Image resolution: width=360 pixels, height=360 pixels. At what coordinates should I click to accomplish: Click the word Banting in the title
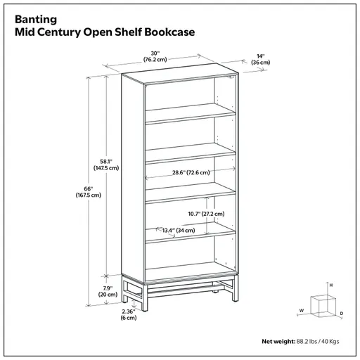coord(36,20)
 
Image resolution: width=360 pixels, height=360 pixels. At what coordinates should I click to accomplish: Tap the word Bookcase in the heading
coord(169,32)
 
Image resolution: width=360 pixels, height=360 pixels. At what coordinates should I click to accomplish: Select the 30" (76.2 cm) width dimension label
coord(155,56)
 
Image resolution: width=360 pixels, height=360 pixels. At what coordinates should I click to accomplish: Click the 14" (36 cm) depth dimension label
coord(261,59)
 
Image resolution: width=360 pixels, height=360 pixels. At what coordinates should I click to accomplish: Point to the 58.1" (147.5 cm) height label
coord(106,165)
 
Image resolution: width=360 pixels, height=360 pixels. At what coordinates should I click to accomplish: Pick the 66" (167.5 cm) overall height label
coord(89,192)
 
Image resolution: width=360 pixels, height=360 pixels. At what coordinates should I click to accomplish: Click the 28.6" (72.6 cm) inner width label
coord(191,172)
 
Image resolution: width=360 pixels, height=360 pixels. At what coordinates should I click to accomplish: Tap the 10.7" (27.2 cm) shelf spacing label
coord(206,214)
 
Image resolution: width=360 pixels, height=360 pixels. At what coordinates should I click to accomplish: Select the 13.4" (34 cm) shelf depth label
coord(179,231)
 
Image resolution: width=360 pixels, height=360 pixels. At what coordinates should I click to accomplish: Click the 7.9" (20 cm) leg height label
coord(108,291)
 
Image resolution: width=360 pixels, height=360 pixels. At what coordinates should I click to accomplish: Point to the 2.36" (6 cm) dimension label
coord(129,314)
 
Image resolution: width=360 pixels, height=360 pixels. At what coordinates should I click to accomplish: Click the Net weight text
coord(278,342)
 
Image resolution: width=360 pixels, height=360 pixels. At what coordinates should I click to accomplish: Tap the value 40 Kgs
coord(330,342)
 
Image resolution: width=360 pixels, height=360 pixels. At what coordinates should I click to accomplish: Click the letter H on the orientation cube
coord(331,285)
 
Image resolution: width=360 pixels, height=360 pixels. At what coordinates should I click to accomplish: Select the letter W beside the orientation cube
coord(302,311)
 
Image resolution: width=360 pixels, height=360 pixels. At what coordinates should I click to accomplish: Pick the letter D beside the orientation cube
coord(342,314)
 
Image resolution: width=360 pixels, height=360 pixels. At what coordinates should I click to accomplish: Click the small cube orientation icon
coord(323,306)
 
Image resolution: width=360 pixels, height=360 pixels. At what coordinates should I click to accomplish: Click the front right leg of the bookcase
coord(145,297)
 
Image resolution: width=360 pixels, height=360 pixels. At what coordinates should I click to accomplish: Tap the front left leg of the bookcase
coord(125,290)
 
